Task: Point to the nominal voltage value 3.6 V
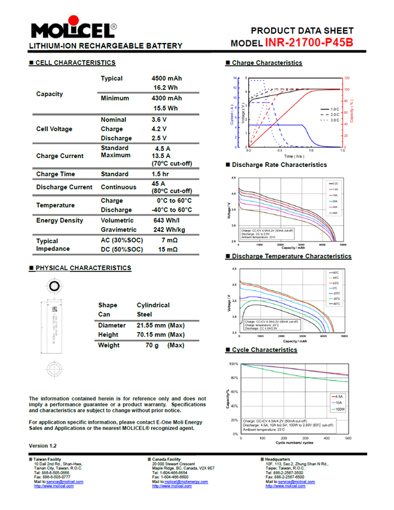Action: [159, 120]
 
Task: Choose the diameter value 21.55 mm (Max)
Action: [161, 325]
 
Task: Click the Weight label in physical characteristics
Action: [109, 345]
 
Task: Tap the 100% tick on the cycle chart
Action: [234, 364]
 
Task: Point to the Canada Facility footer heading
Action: [169, 459]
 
